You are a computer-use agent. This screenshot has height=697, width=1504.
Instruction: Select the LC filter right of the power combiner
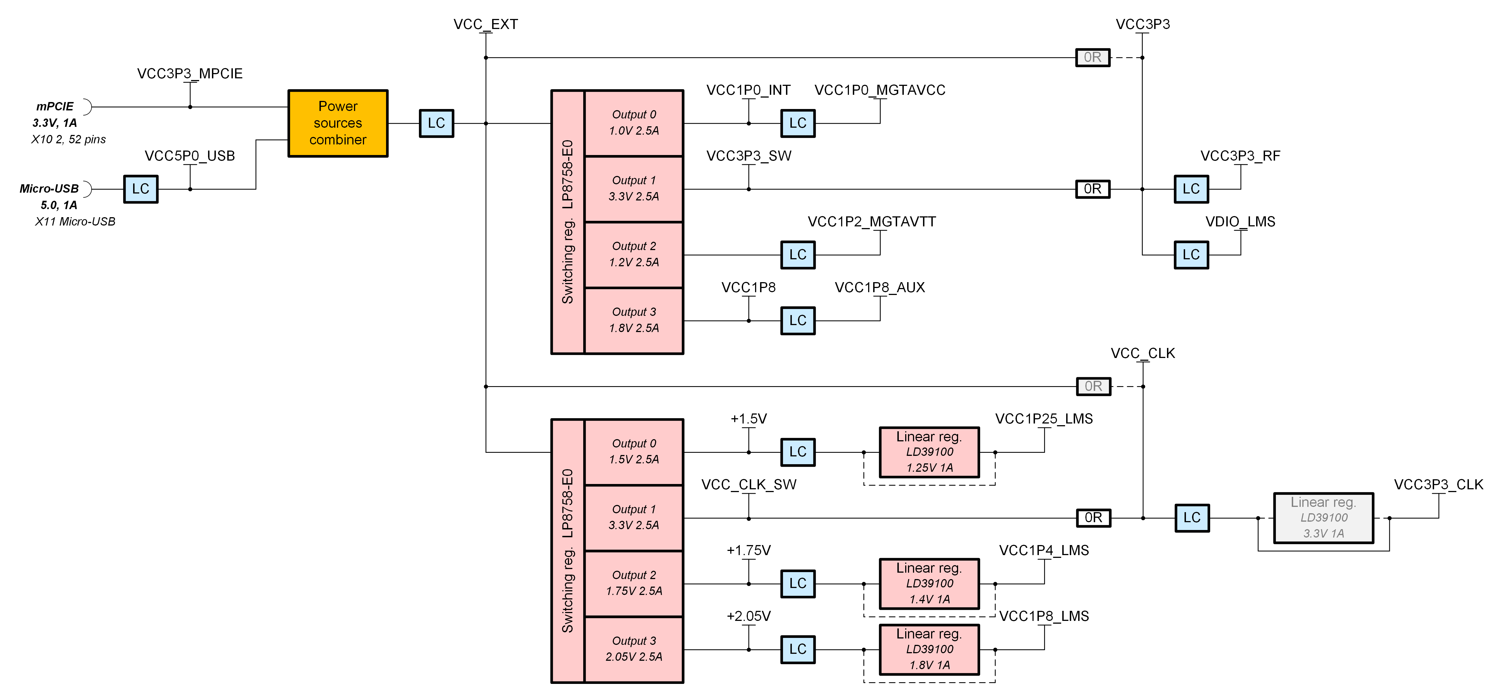click(x=436, y=123)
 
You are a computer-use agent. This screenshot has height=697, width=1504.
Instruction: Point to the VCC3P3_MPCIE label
click(x=190, y=74)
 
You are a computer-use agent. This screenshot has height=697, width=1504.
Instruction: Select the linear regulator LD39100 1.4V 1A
click(x=929, y=583)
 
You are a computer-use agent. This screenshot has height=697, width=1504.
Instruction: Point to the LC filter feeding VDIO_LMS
click(x=1191, y=255)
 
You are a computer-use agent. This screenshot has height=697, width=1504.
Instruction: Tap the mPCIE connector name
click(x=55, y=106)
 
